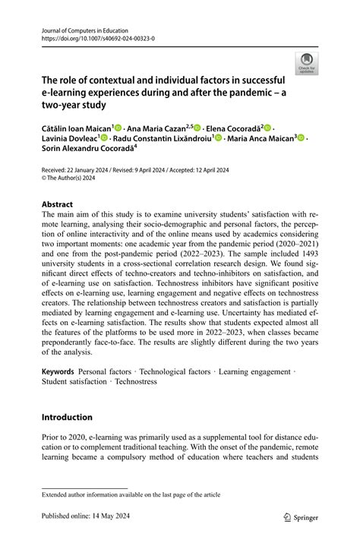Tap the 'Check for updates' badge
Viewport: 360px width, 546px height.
click(307, 64)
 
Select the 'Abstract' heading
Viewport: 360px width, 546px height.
click(57, 204)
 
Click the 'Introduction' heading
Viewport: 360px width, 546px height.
click(67, 417)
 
